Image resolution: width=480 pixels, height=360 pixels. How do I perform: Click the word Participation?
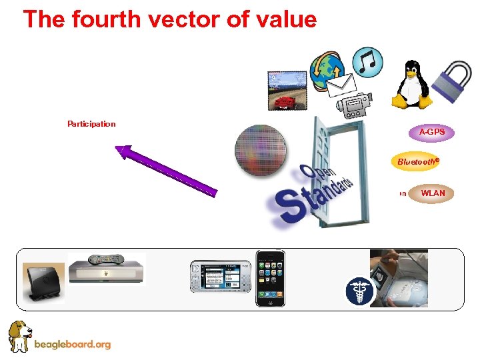(x=91, y=123)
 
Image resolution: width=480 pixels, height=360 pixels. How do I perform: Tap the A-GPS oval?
(x=432, y=132)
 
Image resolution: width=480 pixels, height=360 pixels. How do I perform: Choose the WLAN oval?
(x=433, y=193)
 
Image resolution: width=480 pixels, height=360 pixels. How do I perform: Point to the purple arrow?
(x=166, y=171)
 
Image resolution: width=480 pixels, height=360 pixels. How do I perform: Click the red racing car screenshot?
(x=287, y=91)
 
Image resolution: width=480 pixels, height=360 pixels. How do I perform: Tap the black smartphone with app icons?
(x=270, y=279)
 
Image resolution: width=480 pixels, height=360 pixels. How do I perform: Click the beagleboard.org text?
(x=71, y=345)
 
